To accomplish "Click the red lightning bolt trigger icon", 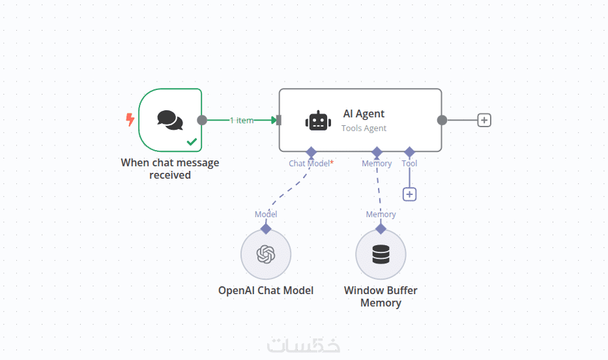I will [x=130, y=119].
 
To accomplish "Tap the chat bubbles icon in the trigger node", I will [x=170, y=120].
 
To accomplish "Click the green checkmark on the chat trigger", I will [x=192, y=141].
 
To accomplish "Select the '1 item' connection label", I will [x=241, y=120].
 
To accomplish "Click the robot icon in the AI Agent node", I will [x=318, y=121].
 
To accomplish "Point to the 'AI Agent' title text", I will [x=364, y=113].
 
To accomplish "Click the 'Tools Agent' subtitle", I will [x=364, y=128].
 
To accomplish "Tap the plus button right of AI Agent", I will [x=484, y=120].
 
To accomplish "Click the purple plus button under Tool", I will [x=409, y=194].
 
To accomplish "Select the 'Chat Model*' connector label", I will [x=311, y=164].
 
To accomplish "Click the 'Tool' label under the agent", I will [x=409, y=164].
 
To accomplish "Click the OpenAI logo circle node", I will [x=265, y=254].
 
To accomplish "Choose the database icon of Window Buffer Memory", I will [x=381, y=254].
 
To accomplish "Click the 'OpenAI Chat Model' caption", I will [x=266, y=290].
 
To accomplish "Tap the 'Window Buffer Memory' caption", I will [x=381, y=296].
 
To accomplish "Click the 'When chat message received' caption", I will [x=170, y=168].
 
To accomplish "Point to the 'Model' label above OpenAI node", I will [x=266, y=214].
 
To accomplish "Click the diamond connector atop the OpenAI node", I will [x=266, y=228].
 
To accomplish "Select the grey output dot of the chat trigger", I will [x=202, y=120].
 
